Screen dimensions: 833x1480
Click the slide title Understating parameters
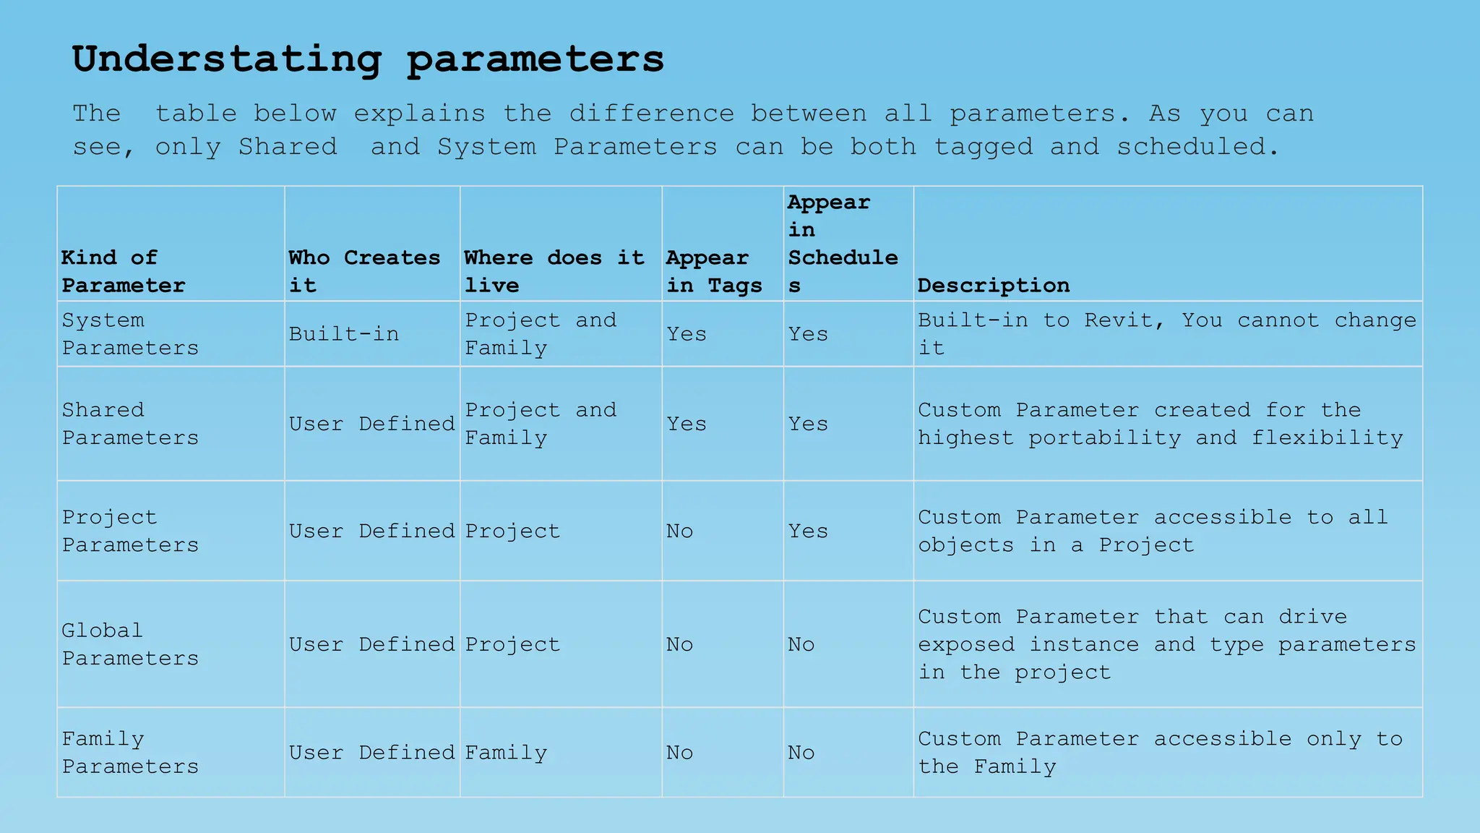coord(368,59)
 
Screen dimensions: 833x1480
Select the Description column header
coord(994,286)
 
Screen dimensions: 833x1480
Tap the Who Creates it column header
coord(364,271)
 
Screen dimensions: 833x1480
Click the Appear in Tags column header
coord(714,271)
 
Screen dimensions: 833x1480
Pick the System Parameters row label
coord(130,334)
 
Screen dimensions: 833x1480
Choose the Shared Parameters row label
coord(130,424)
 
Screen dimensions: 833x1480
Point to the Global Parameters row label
coord(130,644)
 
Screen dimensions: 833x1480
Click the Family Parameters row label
coord(130,753)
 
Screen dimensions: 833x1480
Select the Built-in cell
coord(344,334)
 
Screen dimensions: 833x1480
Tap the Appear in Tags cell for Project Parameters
coord(680,531)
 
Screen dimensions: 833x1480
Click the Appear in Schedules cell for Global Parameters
coord(801,644)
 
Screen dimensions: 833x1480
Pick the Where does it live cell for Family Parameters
coord(506,753)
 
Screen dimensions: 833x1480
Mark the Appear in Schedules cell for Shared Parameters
coord(808,424)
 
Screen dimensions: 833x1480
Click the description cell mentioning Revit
coord(1167,334)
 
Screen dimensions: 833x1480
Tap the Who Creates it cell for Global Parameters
coord(372,644)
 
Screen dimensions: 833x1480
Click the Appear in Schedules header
coord(843,244)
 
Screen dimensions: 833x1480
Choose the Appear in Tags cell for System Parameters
coord(687,334)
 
